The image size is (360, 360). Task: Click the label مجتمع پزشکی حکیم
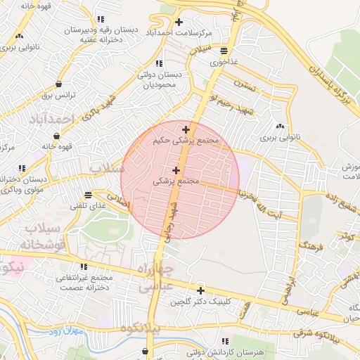coord(186,141)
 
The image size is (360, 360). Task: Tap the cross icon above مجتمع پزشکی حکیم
coord(186,129)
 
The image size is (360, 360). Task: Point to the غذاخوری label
coord(224,62)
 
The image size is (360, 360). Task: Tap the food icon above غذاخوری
coord(224,51)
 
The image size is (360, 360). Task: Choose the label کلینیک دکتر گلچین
coord(200,302)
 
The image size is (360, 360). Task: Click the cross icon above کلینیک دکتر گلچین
coord(200,290)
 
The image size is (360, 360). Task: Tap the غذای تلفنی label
coord(87,205)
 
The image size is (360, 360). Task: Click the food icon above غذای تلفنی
coord(87,195)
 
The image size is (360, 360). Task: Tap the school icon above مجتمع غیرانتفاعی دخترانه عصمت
coord(84,267)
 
